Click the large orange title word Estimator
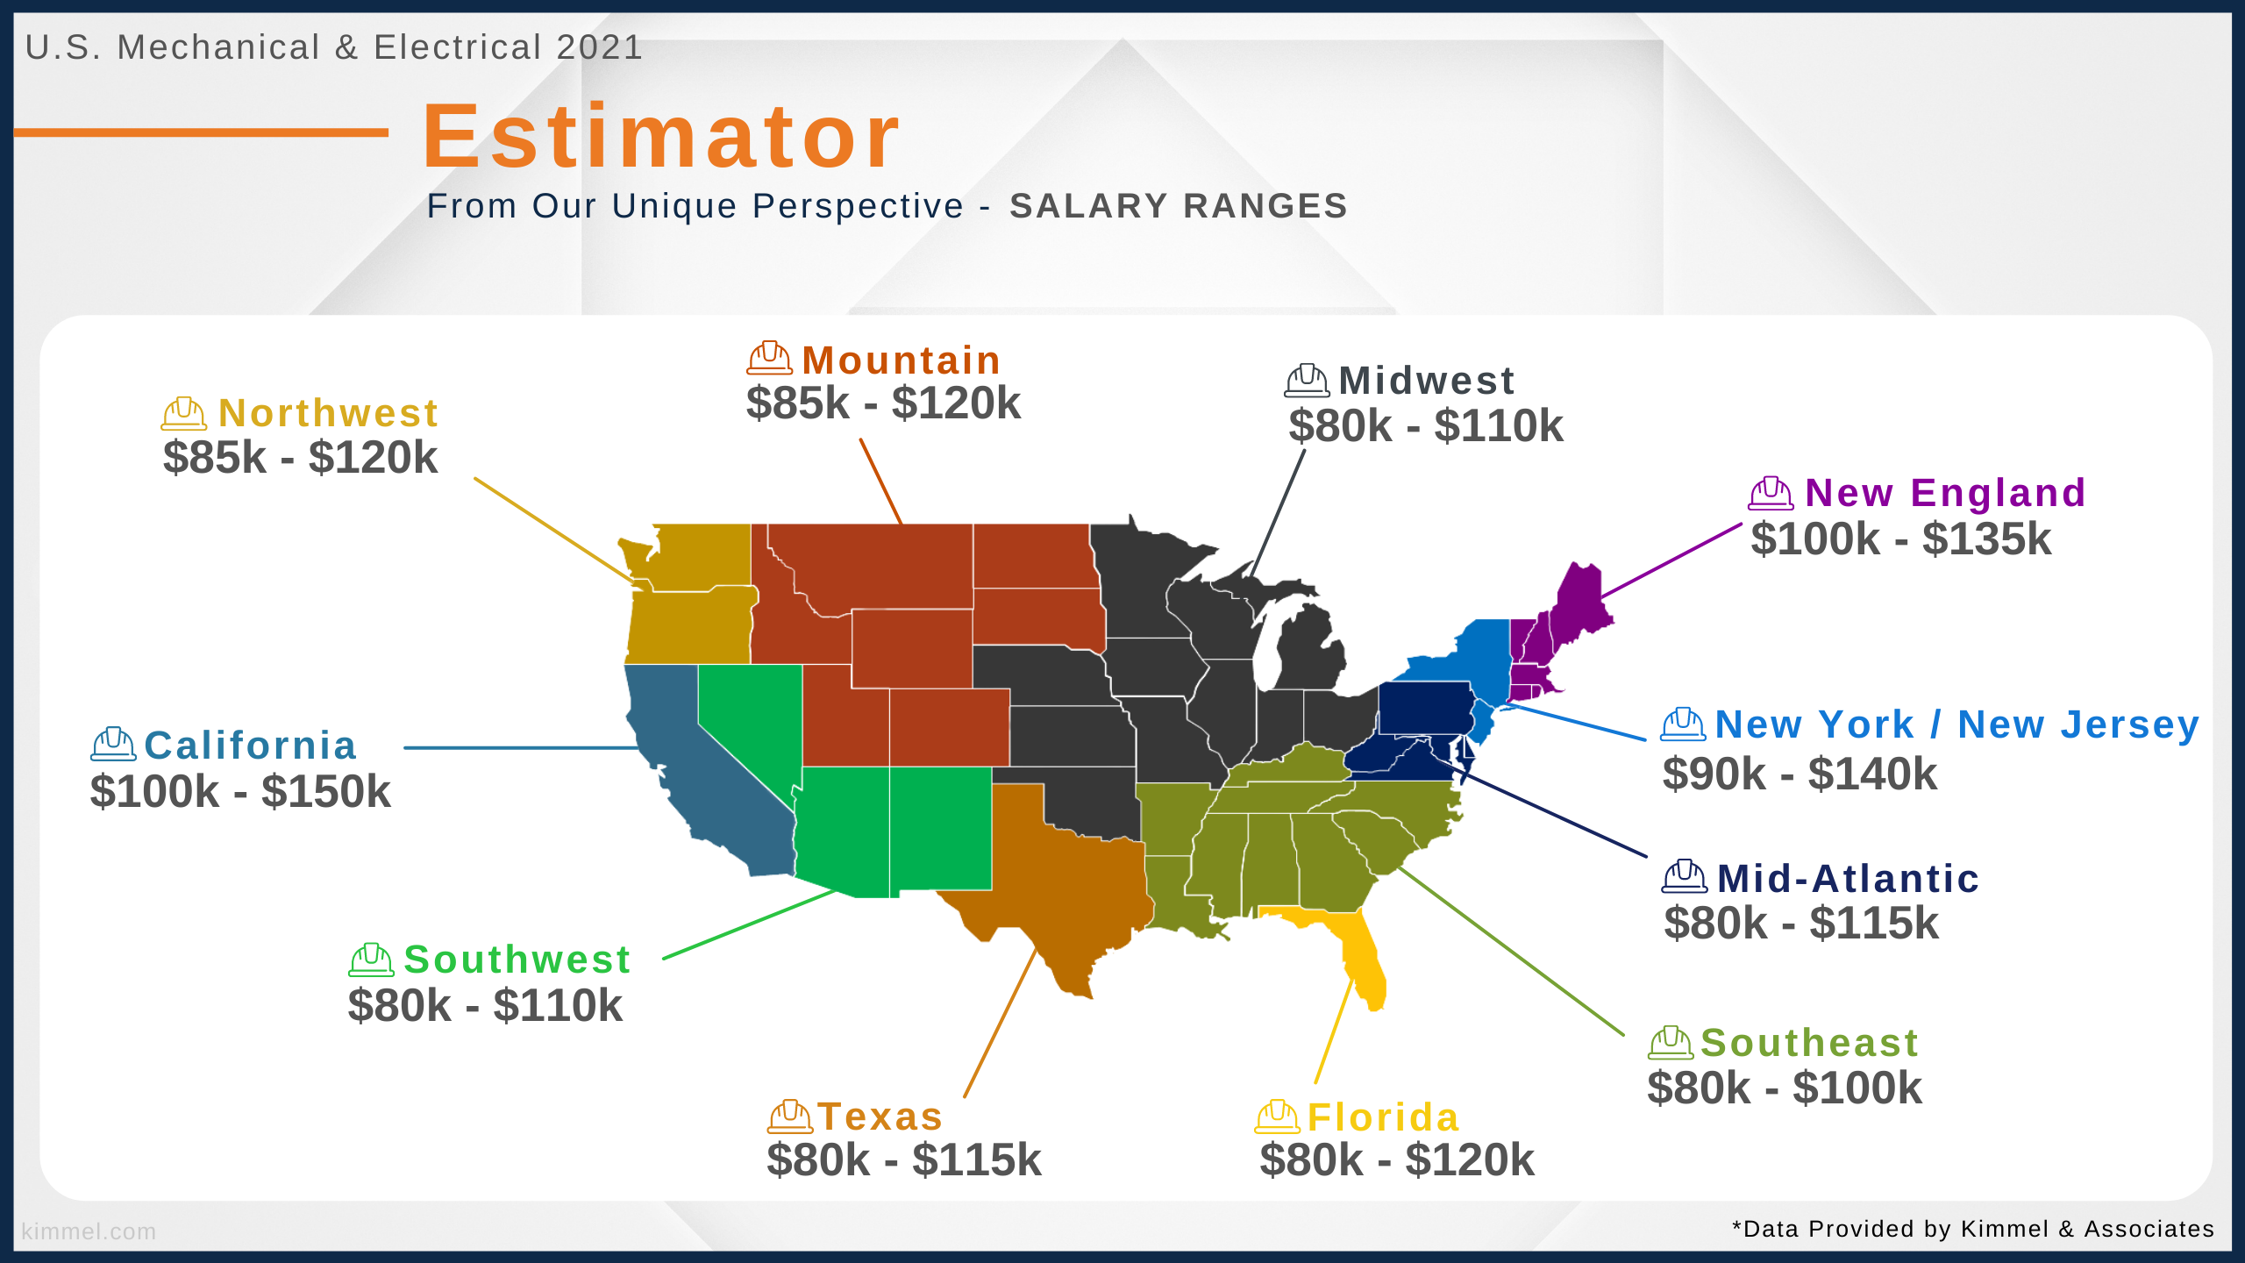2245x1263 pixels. click(x=661, y=136)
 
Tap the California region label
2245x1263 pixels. click(x=251, y=746)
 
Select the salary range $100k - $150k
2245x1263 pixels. click(x=240, y=791)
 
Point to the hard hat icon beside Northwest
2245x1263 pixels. click(x=184, y=413)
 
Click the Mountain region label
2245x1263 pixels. click(x=901, y=360)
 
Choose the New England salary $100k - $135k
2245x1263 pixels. click(x=1901, y=539)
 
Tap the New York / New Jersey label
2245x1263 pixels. click(x=1957, y=725)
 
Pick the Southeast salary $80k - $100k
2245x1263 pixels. click(x=1785, y=1088)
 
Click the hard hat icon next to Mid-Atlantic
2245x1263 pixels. click(x=1685, y=876)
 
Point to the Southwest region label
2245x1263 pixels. click(x=517, y=960)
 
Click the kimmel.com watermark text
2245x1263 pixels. click(x=89, y=1231)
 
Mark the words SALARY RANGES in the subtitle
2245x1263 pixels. click(x=1179, y=206)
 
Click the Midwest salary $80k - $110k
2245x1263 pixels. click(x=1426, y=426)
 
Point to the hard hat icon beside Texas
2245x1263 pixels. click(x=790, y=1116)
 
